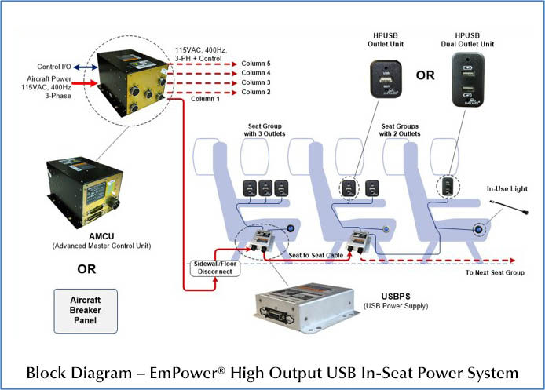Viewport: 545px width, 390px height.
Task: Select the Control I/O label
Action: coord(55,67)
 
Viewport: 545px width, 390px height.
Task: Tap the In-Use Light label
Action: coord(509,188)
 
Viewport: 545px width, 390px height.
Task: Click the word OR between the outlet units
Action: coord(425,76)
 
